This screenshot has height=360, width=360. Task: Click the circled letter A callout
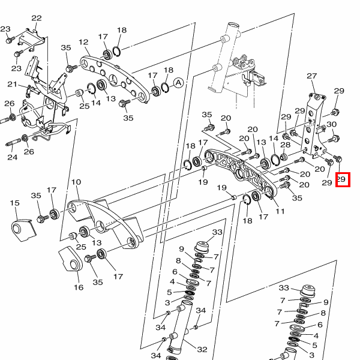(x=179, y=83)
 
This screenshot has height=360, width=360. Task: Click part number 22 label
(x=37, y=18)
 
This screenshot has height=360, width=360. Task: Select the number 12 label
(x=83, y=42)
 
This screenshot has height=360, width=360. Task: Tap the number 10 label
(x=76, y=182)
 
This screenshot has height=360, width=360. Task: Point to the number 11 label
(x=280, y=211)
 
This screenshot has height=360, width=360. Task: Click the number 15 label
(x=14, y=203)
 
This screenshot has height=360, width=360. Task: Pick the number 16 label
(x=79, y=287)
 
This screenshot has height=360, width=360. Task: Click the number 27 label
(x=312, y=76)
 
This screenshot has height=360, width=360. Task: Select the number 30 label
(x=332, y=124)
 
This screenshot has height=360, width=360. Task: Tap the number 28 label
(x=286, y=145)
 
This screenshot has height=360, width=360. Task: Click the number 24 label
(x=13, y=157)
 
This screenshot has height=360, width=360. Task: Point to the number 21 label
(x=13, y=84)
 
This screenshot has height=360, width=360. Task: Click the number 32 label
(x=202, y=349)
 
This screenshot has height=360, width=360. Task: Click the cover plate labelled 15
(x=23, y=230)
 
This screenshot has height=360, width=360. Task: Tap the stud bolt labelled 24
(x=13, y=142)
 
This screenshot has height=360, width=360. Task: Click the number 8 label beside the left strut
(x=178, y=260)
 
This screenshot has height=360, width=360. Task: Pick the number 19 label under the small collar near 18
(x=203, y=182)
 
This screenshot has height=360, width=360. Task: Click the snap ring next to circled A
(x=164, y=88)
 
